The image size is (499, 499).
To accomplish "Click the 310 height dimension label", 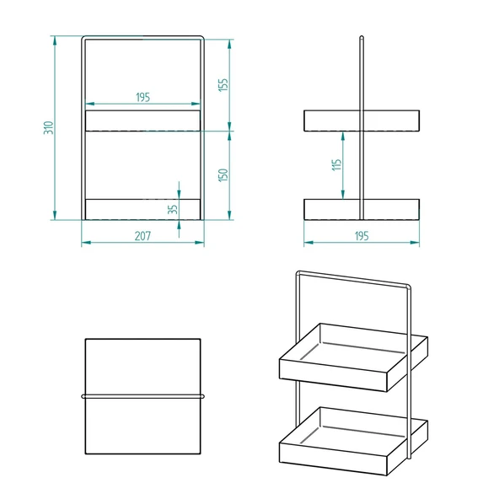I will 49,128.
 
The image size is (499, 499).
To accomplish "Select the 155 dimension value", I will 223,84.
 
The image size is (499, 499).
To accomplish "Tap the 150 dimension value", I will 223,175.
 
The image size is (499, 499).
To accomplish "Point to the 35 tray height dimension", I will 173,209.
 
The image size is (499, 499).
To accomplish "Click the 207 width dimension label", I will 142,236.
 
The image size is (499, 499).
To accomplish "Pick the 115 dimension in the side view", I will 336,166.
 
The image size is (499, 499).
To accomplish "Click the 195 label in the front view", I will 142,98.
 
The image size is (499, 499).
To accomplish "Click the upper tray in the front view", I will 142,120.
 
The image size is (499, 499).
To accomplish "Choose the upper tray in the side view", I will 362,120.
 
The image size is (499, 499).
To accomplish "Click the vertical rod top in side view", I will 362,39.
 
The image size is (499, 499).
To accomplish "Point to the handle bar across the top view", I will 142,394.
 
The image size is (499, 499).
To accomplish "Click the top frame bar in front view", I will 142,36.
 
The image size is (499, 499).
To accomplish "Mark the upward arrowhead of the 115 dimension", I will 343,135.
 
